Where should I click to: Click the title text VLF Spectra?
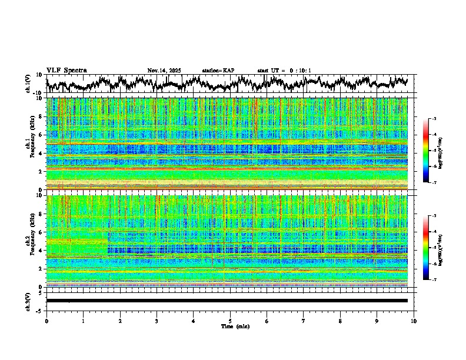pos(66,71)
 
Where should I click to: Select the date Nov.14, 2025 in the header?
pos(164,71)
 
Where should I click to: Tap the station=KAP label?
pos(218,71)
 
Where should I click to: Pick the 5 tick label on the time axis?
pos(230,321)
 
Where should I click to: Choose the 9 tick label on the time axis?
pos(377,321)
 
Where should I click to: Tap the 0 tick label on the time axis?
pos(46,321)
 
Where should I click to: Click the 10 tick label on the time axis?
pos(414,321)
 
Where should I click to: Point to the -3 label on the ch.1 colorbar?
pos(434,119)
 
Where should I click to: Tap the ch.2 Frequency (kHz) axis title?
pos(33,241)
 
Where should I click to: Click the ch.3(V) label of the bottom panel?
pos(29,301)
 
